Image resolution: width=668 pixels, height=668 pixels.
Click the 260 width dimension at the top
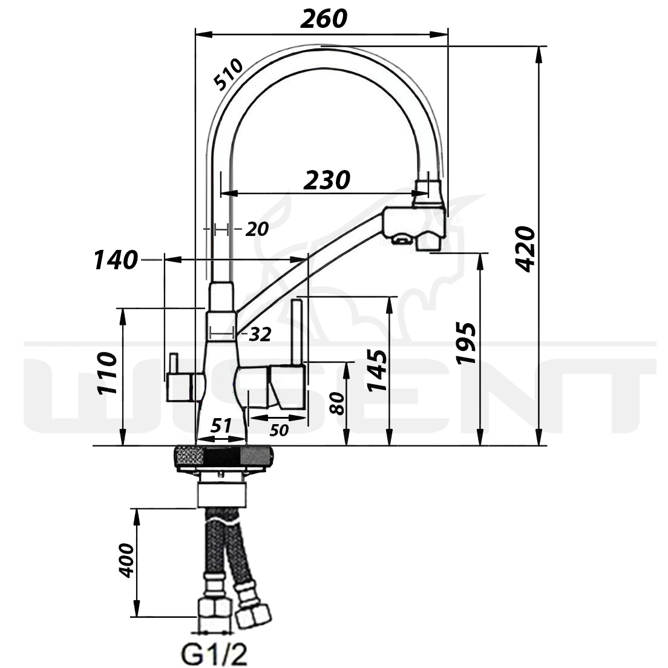[x=324, y=19]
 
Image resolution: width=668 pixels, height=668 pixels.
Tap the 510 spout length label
[x=228, y=74]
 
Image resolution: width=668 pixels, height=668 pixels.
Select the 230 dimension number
[x=327, y=180]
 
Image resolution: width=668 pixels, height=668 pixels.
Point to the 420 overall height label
[x=525, y=249]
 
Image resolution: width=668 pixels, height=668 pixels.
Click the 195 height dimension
[x=466, y=343]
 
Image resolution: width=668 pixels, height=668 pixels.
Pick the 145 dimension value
[x=377, y=370]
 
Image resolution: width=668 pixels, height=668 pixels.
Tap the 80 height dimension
[x=337, y=404]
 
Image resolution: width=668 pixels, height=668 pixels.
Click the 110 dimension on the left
[x=106, y=373]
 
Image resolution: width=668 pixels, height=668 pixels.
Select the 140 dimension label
[x=116, y=260]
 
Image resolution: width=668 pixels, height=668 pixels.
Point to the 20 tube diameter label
[x=257, y=230]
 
